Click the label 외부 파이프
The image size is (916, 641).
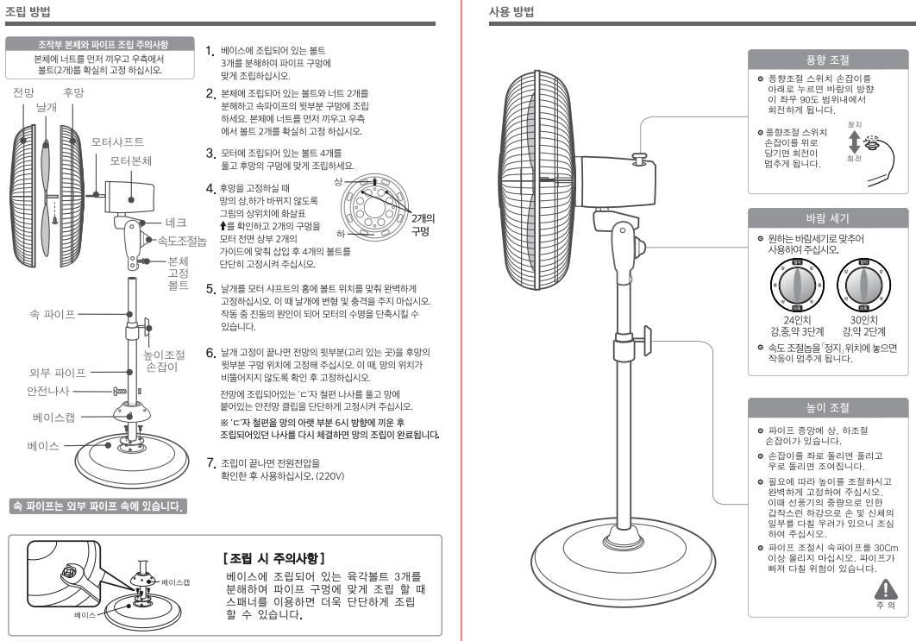(x=57, y=373)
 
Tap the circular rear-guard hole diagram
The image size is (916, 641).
(x=373, y=206)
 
